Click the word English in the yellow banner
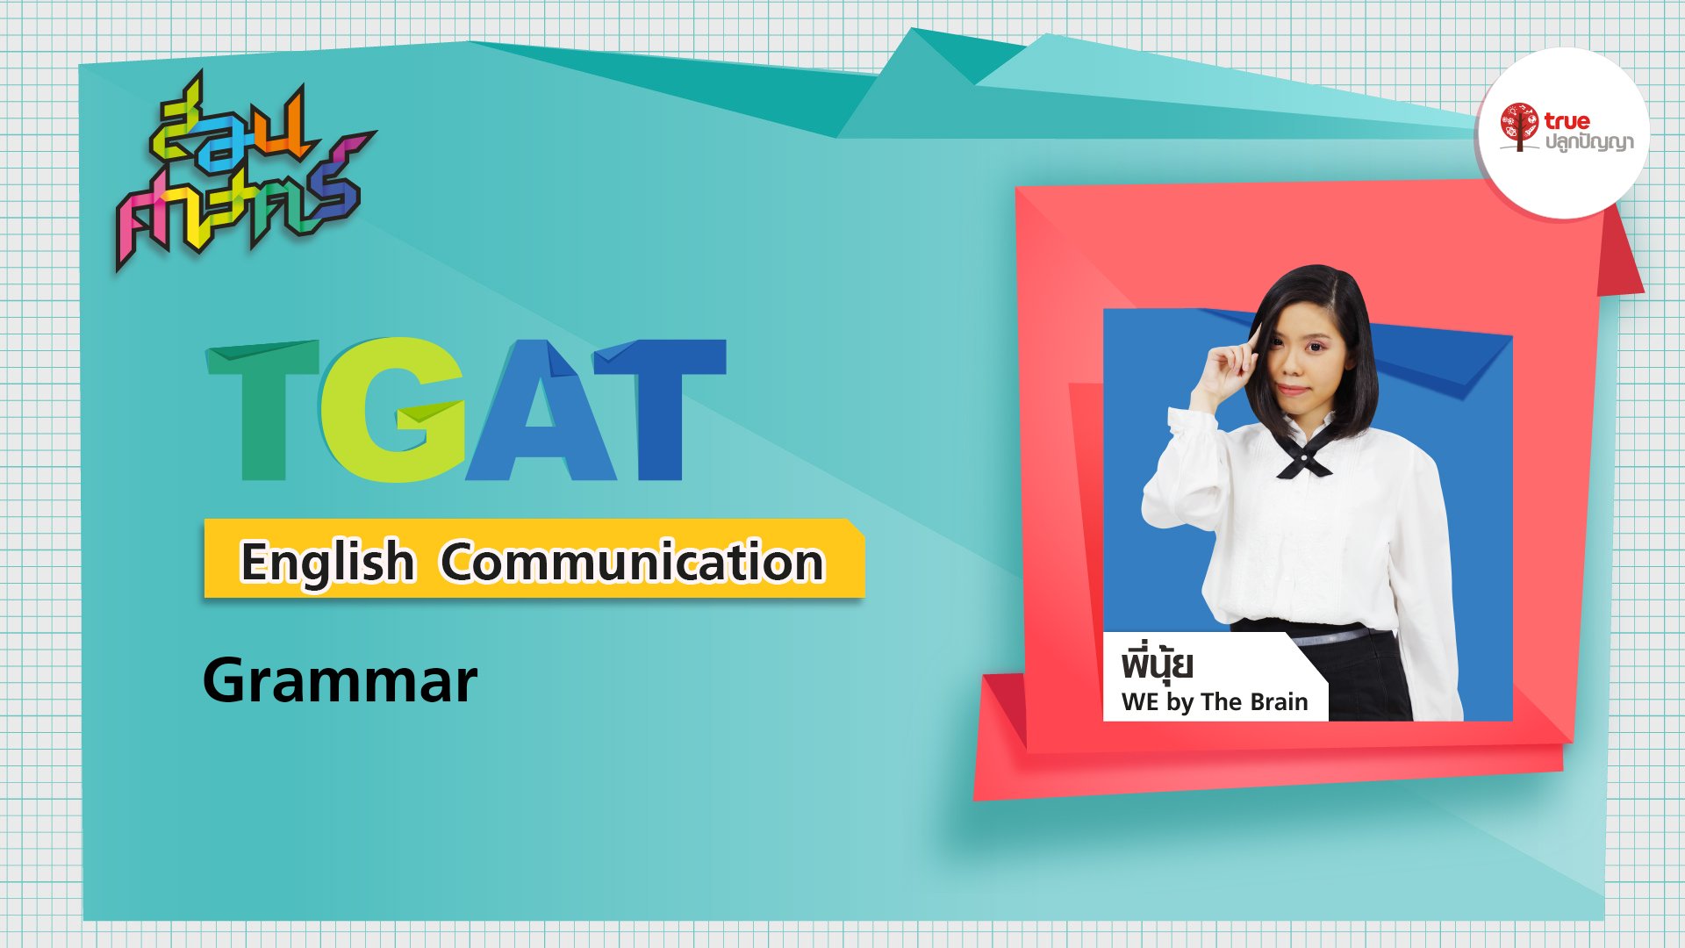point(326,563)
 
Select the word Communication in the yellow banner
point(632,563)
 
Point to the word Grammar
point(340,681)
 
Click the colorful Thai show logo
point(241,171)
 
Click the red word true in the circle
point(1567,120)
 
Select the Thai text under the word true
point(1588,142)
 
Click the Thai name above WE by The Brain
point(1157,664)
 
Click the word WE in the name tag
point(1140,702)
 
